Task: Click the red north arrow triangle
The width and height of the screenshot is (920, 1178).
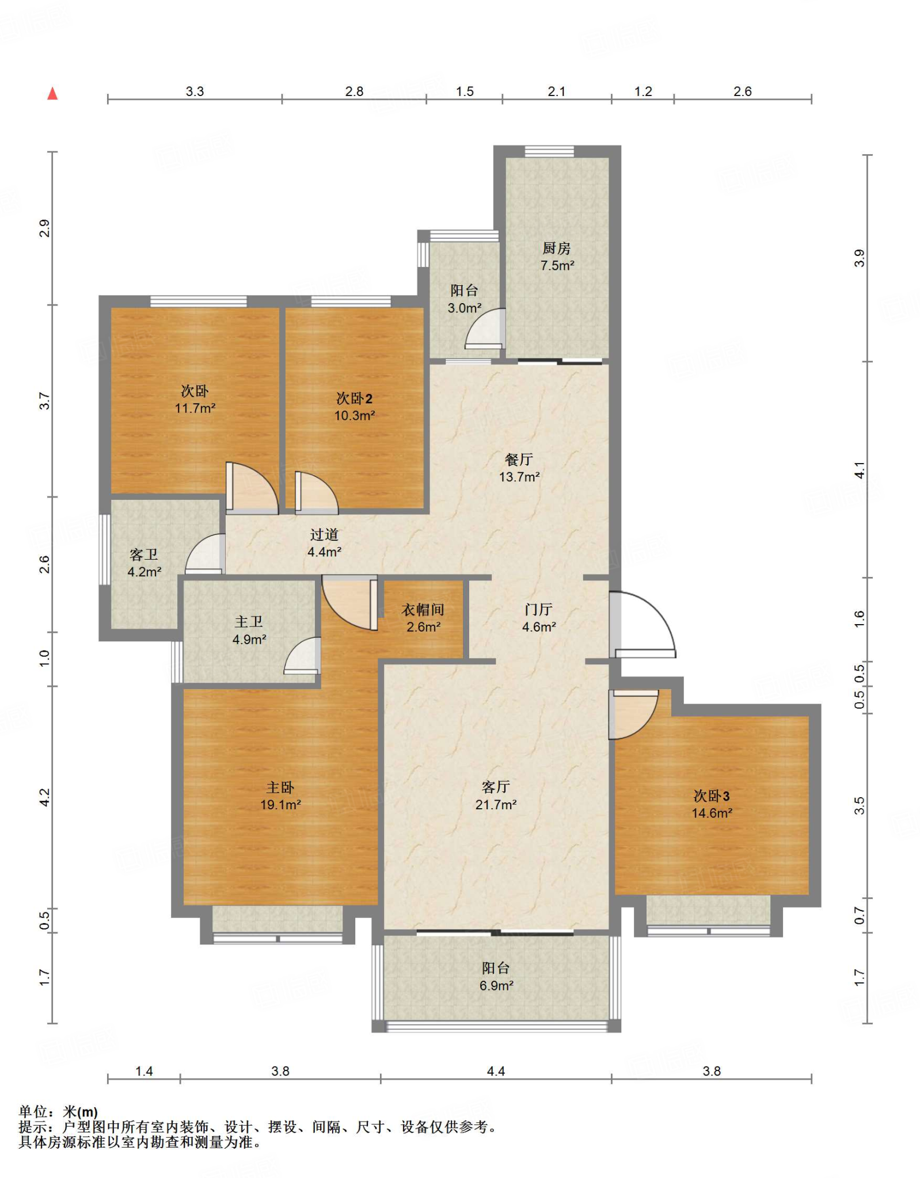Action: pos(52,93)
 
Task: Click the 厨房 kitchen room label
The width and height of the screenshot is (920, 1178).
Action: pos(556,248)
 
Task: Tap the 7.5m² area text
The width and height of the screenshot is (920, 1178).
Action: pos(557,265)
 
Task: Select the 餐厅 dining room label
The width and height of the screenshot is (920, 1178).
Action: pos(519,459)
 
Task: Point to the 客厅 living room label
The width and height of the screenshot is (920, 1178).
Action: pos(496,786)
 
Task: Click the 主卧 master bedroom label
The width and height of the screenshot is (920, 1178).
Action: pos(280,787)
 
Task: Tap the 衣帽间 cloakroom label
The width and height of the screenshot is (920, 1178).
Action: pos(423,609)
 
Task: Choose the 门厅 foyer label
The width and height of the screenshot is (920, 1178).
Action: pos(538,609)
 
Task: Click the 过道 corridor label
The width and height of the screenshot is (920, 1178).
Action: pos(324,534)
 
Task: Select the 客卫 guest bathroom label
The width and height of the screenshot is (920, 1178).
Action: pos(144,554)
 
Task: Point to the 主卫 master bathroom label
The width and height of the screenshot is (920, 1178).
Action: pos(249,621)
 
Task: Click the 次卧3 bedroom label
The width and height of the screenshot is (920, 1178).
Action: pos(712,795)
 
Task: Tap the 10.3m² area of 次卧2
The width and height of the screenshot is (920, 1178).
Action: pos(355,415)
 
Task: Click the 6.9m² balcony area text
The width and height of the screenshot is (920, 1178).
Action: pos(496,985)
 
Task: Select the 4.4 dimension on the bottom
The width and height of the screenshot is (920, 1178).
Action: pos(496,1070)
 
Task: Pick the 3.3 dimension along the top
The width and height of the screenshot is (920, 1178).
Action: pos(195,91)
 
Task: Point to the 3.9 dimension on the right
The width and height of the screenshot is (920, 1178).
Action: pos(859,258)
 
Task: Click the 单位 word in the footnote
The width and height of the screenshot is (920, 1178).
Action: pos(33,1112)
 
